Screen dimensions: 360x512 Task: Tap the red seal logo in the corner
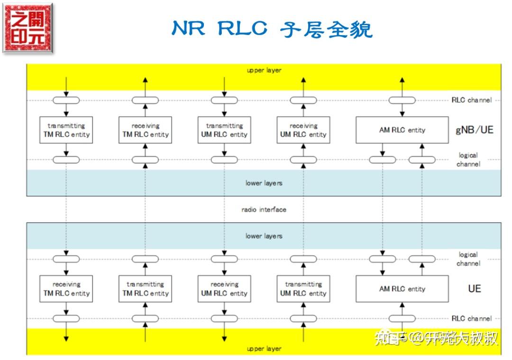pyautogui.click(x=27, y=28)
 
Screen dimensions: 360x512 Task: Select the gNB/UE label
pyautogui.click(x=474, y=130)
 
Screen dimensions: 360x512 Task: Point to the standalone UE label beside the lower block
pyautogui.click(x=474, y=288)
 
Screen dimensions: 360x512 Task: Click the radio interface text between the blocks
pyautogui.click(x=264, y=209)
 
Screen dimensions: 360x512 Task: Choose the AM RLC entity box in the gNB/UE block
pyautogui.click(x=402, y=130)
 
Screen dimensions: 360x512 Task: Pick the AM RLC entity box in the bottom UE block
pyautogui.click(x=402, y=289)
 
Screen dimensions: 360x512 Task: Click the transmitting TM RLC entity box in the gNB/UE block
pyautogui.click(x=66, y=130)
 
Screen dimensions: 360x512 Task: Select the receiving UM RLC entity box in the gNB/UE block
pyautogui.click(x=303, y=130)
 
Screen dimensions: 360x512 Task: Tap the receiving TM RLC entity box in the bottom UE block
pyautogui.click(x=66, y=289)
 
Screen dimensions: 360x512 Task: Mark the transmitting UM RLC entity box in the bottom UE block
pyautogui.click(x=303, y=289)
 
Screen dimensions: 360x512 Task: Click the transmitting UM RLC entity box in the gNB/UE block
pyautogui.click(x=224, y=130)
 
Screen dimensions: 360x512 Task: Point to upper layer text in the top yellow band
pyautogui.click(x=264, y=70)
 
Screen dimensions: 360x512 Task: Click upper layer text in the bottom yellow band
pyautogui.click(x=264, y=349)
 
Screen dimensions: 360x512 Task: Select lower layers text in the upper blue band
pyautogui.click(x=264, y=183)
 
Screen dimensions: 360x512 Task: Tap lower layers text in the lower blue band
pyautogui.click(x=264, y=236)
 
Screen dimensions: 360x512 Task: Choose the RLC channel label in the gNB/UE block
pyautogui.click(x=472, y=100)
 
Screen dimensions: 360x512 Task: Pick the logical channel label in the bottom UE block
pyautogui.click(x=468, y=259)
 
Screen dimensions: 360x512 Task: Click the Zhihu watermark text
pyautogui.click(x=436, y=338)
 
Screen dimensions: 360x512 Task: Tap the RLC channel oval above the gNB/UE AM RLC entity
pyautogui.click(x=402, y=100)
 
